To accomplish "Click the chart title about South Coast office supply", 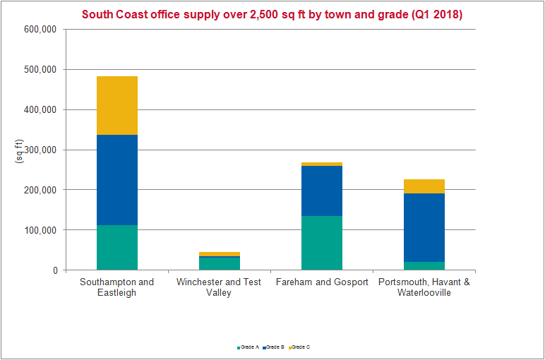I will tap(272, 14).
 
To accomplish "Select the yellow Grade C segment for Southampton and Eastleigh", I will tap(117, 105).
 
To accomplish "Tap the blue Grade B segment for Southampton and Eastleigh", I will tap(117, 180).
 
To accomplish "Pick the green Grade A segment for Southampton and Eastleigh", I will tap(117, 248).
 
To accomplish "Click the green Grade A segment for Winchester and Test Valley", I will tap(220, 263).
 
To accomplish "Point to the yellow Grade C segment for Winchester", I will tap(220, 254).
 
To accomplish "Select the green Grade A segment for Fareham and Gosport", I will tap(322, 243).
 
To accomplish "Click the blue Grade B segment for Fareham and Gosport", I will tap(322, 191).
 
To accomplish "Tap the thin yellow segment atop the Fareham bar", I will tap(322, 164).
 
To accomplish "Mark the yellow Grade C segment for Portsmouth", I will tap(424, 186).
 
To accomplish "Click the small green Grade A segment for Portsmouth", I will tap(424, 266).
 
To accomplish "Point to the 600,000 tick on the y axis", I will tap(40, 30).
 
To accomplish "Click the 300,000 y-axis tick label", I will tap(40, 150).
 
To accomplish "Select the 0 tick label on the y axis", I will tap(54, 270).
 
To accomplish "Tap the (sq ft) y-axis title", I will tap(20, 150).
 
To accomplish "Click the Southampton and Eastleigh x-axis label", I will tap(117, 287).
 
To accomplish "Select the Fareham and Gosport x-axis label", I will tap(322, 282).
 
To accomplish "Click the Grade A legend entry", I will tap(248, 347).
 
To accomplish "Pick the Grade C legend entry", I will tap(299, 347).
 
